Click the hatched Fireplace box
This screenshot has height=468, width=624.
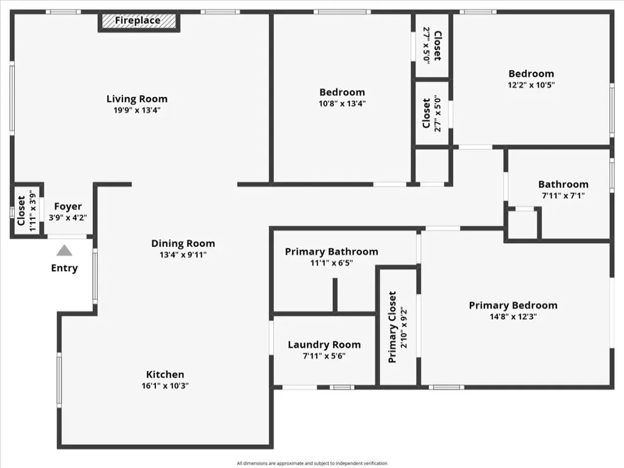pos(139,21)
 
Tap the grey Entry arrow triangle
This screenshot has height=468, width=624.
pos(64,250)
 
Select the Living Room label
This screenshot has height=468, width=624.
pos(137,99)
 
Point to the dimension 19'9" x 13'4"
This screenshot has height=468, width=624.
pos(137,110)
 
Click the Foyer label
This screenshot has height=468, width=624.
pos(68,207)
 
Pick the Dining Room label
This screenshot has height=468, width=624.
pos(183,243)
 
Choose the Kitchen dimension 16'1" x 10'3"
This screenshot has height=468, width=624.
pos(165,386)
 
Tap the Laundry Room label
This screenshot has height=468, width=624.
pos(324,345)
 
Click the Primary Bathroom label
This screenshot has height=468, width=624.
pos(331,252)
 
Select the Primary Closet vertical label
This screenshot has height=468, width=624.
pos(392,327)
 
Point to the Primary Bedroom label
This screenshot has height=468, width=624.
pos(513,305)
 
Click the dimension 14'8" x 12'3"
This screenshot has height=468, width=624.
pos(513,317)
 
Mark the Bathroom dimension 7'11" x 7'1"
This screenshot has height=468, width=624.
pos(563,196)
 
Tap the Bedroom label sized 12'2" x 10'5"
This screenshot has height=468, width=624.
pos(531,74)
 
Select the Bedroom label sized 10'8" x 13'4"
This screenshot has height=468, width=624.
pos(342,93)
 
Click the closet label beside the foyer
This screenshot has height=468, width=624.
pos(21,210)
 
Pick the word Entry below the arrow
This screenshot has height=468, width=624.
pos(65,268)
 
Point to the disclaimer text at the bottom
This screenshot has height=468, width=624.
pos(312,463)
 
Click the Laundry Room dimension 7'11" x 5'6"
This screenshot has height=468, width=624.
pos(324,356)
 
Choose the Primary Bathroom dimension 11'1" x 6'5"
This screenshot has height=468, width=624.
pos(331,263)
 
